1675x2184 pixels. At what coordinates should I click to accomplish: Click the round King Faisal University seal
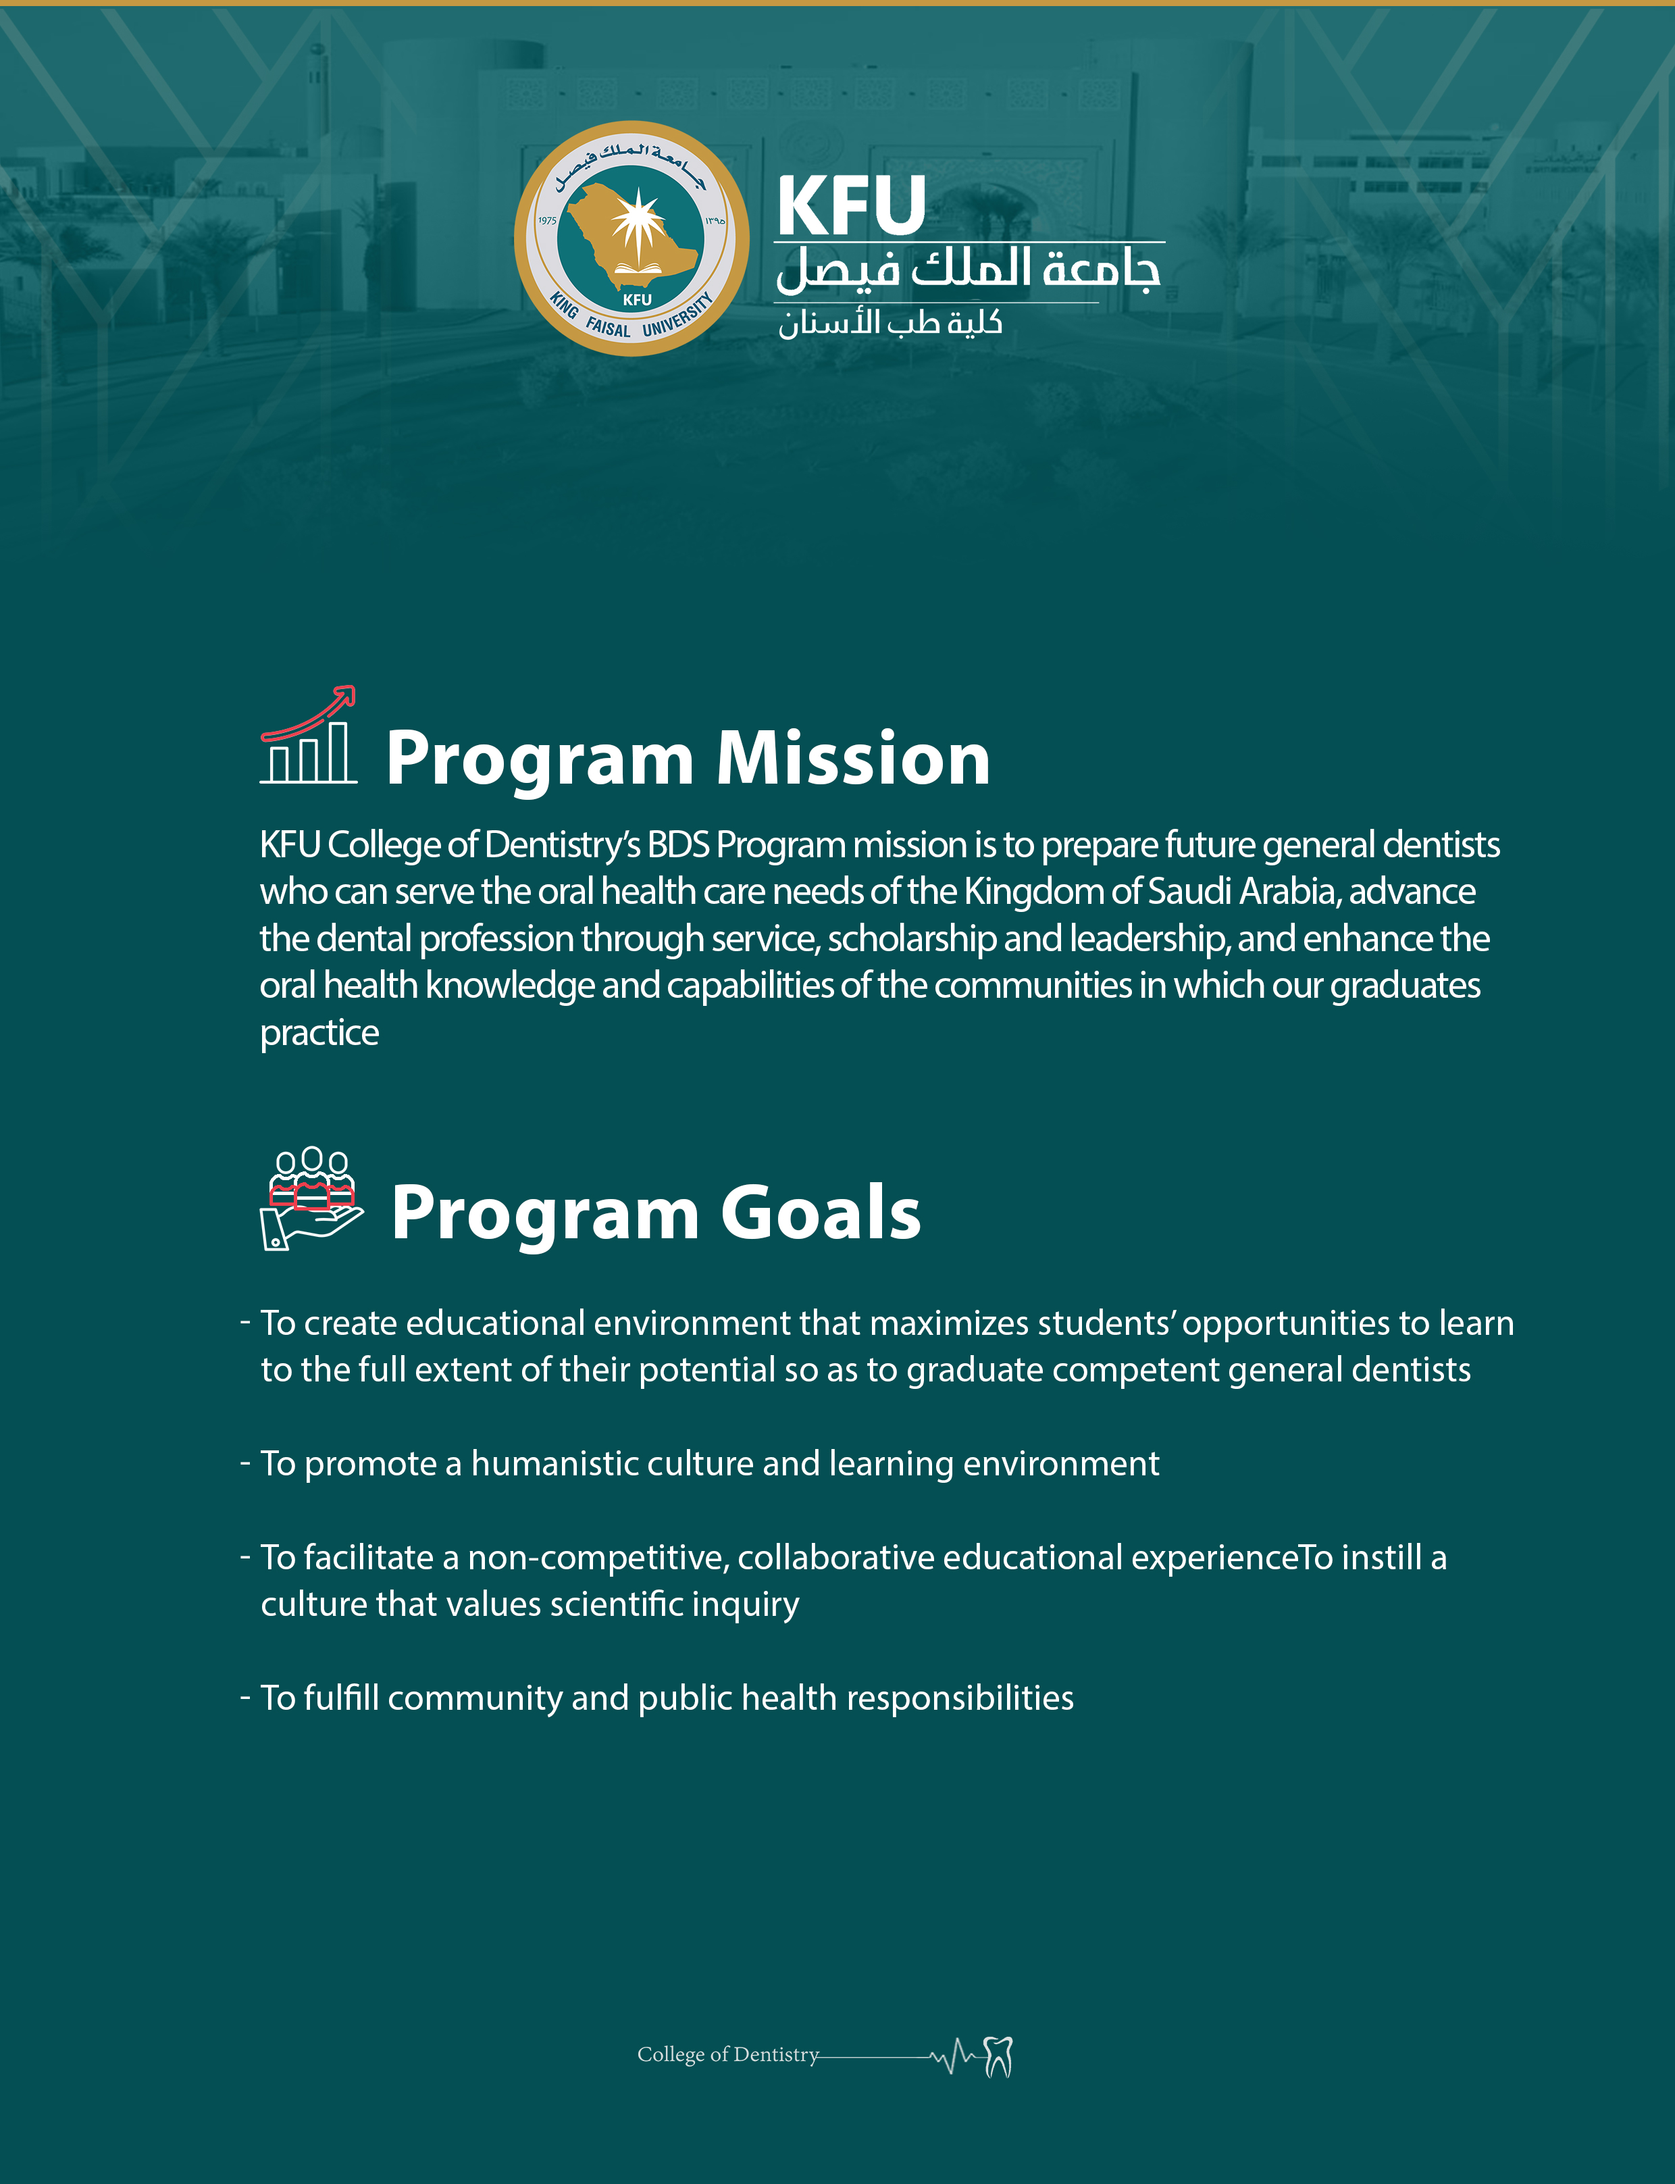coord(631,238)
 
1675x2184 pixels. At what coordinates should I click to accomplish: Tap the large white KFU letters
coord(850,207)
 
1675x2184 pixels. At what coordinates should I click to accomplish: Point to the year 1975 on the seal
coord(547,220)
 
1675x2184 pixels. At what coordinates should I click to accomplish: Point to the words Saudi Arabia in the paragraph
coord(1241,892)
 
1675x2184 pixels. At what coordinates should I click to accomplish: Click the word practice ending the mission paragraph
coord(319,1033)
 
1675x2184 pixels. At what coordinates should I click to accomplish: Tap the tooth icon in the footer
coord(998,2056)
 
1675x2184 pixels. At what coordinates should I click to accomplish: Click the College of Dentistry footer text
coord(728,2054)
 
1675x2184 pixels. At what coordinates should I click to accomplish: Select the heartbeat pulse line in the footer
coord(954,2056)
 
